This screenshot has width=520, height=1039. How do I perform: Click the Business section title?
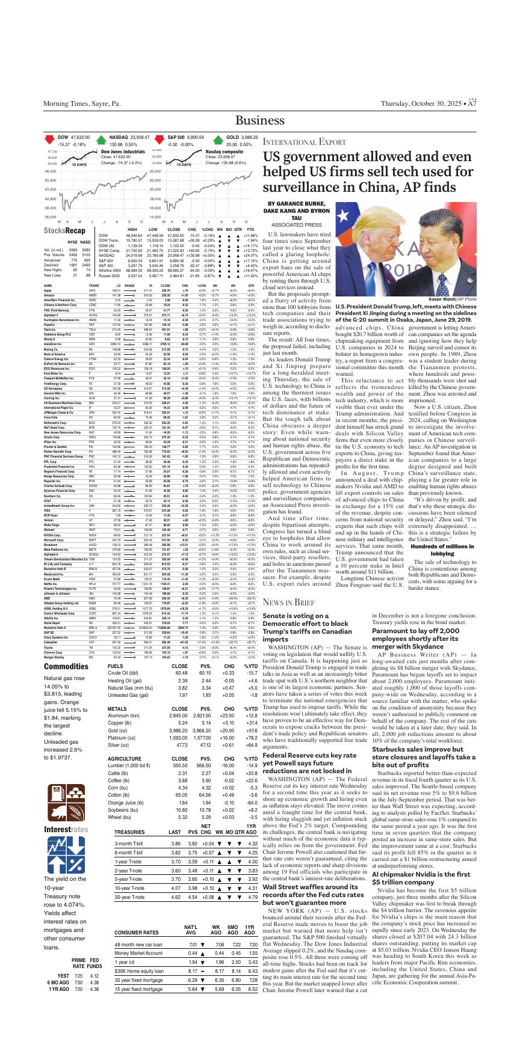click(260, 120)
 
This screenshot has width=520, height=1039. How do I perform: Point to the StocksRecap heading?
click(64, 230)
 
